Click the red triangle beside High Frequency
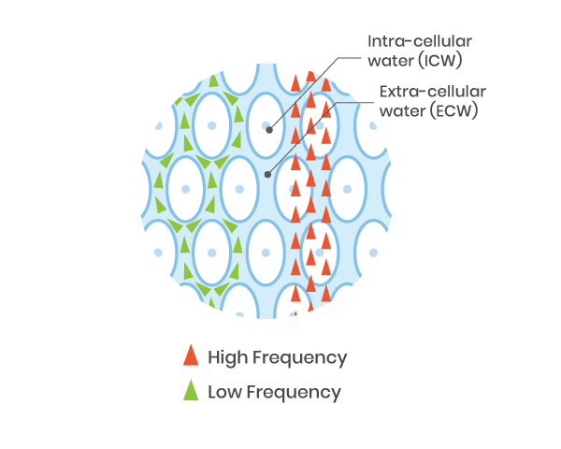191,356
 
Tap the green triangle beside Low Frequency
191,391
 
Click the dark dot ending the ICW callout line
269,131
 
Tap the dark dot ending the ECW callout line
268,174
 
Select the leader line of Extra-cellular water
309,131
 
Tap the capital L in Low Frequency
212,392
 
